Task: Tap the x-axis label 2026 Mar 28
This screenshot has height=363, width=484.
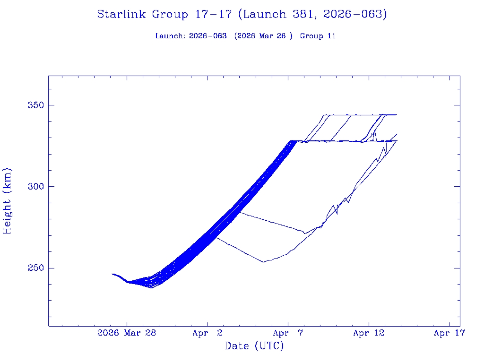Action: tap(127, 333)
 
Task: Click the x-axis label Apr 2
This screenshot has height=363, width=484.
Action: tap(207, 333)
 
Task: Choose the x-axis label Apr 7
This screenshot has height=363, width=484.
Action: tap(287, 333)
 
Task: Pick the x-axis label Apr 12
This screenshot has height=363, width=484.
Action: tap(368, 333)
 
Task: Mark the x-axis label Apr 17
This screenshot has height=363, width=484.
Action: tap(449, 333)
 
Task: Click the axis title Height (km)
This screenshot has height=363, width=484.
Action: tap(7, 201)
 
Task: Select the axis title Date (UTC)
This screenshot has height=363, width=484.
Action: tap(254, 346)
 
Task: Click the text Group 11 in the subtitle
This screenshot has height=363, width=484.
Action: tap(318, 36)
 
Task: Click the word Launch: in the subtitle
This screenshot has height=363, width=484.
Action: tap(171, 36)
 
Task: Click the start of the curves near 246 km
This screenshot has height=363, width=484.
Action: tap(112, 274)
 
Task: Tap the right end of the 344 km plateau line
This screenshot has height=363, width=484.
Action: tap(397, 114)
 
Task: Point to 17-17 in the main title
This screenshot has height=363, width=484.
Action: tap(213, 15)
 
